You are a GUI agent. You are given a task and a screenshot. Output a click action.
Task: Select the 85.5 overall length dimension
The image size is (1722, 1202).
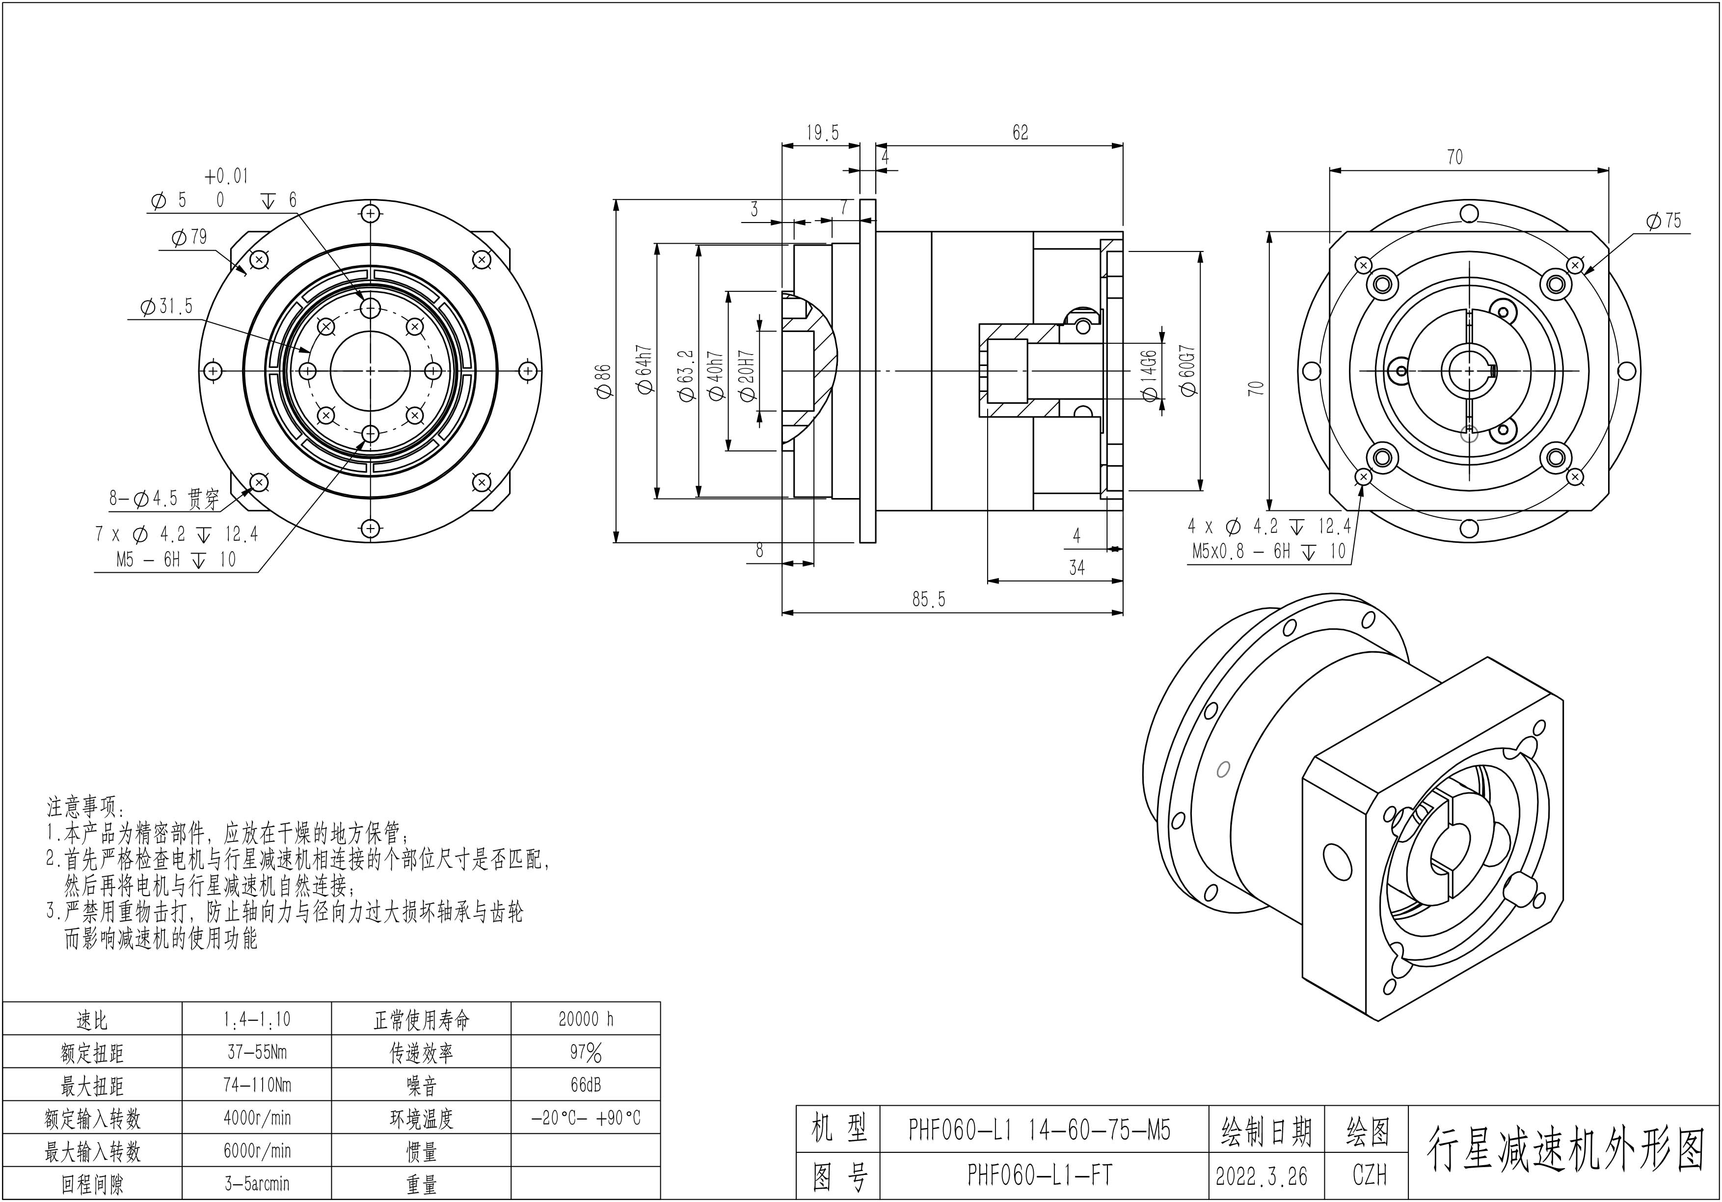tap(929, 599)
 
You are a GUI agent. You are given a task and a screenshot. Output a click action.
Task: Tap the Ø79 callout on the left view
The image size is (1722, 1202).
tap(189, 237)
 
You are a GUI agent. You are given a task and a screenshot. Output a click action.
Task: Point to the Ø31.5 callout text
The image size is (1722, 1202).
tap(166, 306)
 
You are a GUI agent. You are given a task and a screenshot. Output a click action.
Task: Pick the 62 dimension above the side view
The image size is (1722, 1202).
tap(1021, 133)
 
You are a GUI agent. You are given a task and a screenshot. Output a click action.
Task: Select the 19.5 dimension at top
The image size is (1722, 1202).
tap(823, 134)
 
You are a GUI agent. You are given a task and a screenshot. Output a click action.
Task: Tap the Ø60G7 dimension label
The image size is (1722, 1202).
tap(1187, 370)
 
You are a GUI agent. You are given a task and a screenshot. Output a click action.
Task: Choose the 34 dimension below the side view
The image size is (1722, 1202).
tap(1077, 568)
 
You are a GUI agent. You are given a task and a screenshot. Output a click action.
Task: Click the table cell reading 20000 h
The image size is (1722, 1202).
tap(586, 1019)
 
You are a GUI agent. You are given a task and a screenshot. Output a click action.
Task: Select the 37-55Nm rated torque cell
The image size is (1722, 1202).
tap(257, 1052)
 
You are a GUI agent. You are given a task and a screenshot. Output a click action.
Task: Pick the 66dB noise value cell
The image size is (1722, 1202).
tap(586, 1085)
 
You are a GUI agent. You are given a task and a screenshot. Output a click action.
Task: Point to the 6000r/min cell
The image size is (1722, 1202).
tap(257, 1151)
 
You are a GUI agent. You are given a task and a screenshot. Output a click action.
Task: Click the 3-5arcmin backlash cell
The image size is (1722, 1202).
tap(257, 1184)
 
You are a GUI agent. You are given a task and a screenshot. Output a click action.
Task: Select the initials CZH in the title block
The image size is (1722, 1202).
tap(1370, 1175)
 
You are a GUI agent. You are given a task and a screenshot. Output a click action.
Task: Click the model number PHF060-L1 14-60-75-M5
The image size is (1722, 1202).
tap(1040, 1130)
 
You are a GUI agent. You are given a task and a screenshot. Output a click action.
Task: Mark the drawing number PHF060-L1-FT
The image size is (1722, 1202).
tap(1040, 1175)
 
